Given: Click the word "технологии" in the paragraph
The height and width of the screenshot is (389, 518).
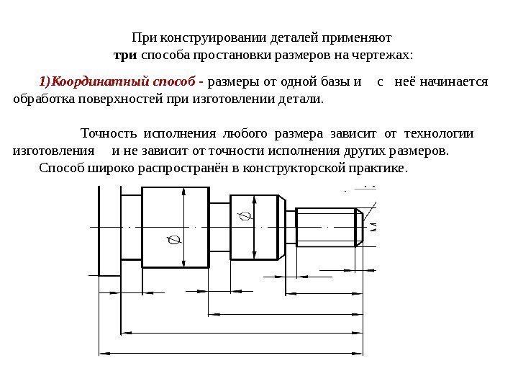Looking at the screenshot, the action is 439,133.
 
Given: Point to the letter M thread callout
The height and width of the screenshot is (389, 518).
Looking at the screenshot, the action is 374,228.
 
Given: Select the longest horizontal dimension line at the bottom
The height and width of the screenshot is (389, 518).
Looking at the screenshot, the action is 237,353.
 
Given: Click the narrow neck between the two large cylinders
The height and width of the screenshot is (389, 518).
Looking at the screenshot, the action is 220,225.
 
